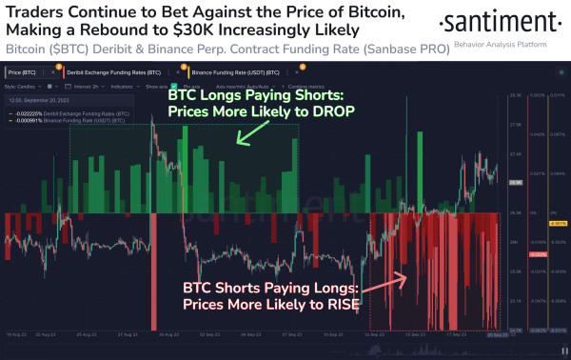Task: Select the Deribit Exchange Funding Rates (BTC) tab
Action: pos(118,70)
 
